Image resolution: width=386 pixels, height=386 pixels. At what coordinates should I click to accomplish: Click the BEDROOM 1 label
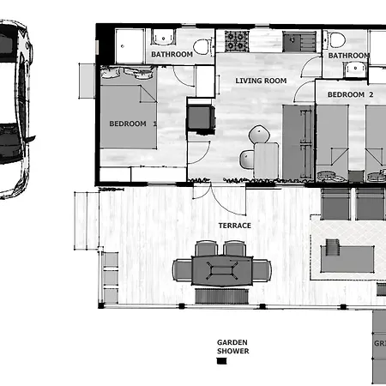click(133, 124)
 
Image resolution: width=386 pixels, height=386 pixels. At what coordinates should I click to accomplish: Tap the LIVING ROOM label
click(261, 81)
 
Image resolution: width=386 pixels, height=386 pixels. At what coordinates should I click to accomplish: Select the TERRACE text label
click(234, 225)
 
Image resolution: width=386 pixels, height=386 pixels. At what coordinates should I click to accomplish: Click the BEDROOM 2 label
click(351, 93)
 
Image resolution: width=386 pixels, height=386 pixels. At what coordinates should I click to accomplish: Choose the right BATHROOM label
click(348, 56)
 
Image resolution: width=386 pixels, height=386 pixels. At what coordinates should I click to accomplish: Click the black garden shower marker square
click(222, 362)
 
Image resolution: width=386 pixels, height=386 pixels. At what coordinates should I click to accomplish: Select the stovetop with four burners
click(237, 39)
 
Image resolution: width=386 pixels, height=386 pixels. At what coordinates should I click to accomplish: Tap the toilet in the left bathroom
click(202, 46)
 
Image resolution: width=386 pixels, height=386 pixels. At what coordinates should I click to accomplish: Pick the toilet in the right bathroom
click(336, 39)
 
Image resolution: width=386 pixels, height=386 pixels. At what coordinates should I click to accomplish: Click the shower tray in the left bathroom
click(131, 45)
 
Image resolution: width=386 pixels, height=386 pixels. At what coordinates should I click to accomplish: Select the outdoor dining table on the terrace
click(222, 271)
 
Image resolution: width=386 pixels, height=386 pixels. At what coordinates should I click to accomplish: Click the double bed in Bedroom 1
click(130, 116)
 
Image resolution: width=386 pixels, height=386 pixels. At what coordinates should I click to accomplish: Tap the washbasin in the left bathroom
click(162, 37)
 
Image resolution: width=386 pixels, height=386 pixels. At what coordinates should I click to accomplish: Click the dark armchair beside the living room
click(200, 118)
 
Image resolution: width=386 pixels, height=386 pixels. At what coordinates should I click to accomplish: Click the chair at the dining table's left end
click(181, 270)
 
